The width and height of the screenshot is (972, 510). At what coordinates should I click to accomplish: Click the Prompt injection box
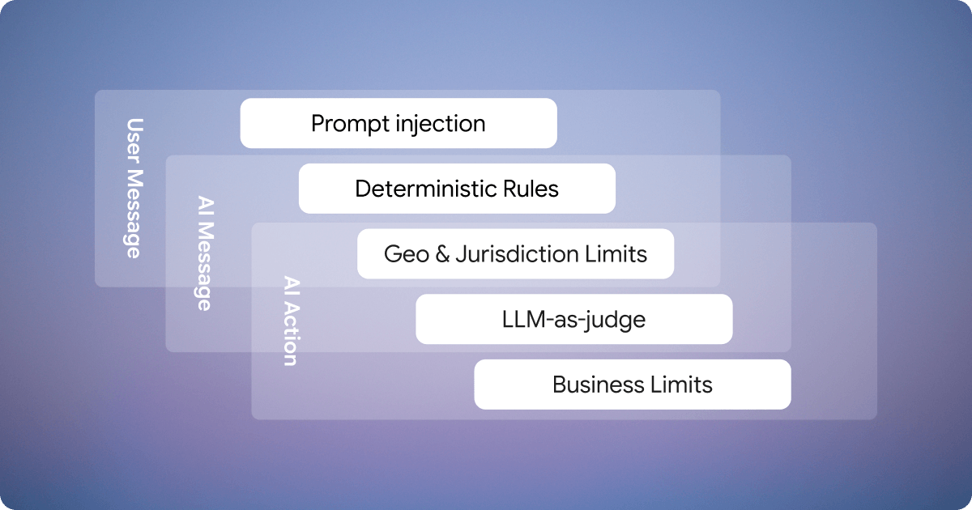pos(399,123)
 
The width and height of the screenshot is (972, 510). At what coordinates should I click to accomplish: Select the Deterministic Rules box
pos(457,189)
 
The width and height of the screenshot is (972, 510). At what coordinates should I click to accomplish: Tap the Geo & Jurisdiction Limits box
pos(515,254)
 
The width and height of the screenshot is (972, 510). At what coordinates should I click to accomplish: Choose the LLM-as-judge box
pos(573,319)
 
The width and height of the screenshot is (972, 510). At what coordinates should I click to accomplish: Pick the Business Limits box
pos(632,385)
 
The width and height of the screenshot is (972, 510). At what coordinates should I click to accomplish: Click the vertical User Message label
pos(134,188)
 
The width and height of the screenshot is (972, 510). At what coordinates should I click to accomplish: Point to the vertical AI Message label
pos(205,253)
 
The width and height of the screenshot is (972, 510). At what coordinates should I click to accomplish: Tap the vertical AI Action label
pos(290,321)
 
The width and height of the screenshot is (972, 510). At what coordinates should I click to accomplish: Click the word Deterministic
pos(430,189)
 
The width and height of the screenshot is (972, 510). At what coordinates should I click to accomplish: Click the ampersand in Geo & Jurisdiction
pos(441,254)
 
